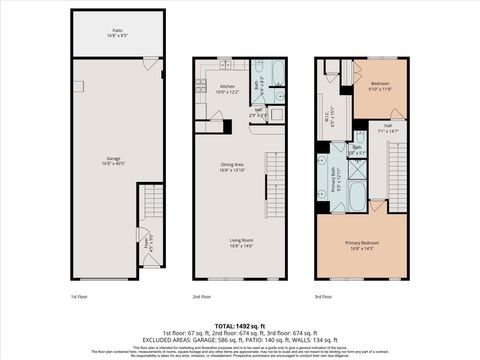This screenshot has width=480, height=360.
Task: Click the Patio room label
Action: (x=116, y=32)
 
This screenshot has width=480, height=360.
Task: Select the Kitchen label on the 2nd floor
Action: (x=227, y=88)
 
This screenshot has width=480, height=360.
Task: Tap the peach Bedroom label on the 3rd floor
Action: (x=381, y=87)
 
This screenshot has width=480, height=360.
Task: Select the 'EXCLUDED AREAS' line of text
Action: (x=240, y=339)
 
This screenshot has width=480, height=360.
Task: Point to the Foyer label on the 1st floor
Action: (x=146, y=241)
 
